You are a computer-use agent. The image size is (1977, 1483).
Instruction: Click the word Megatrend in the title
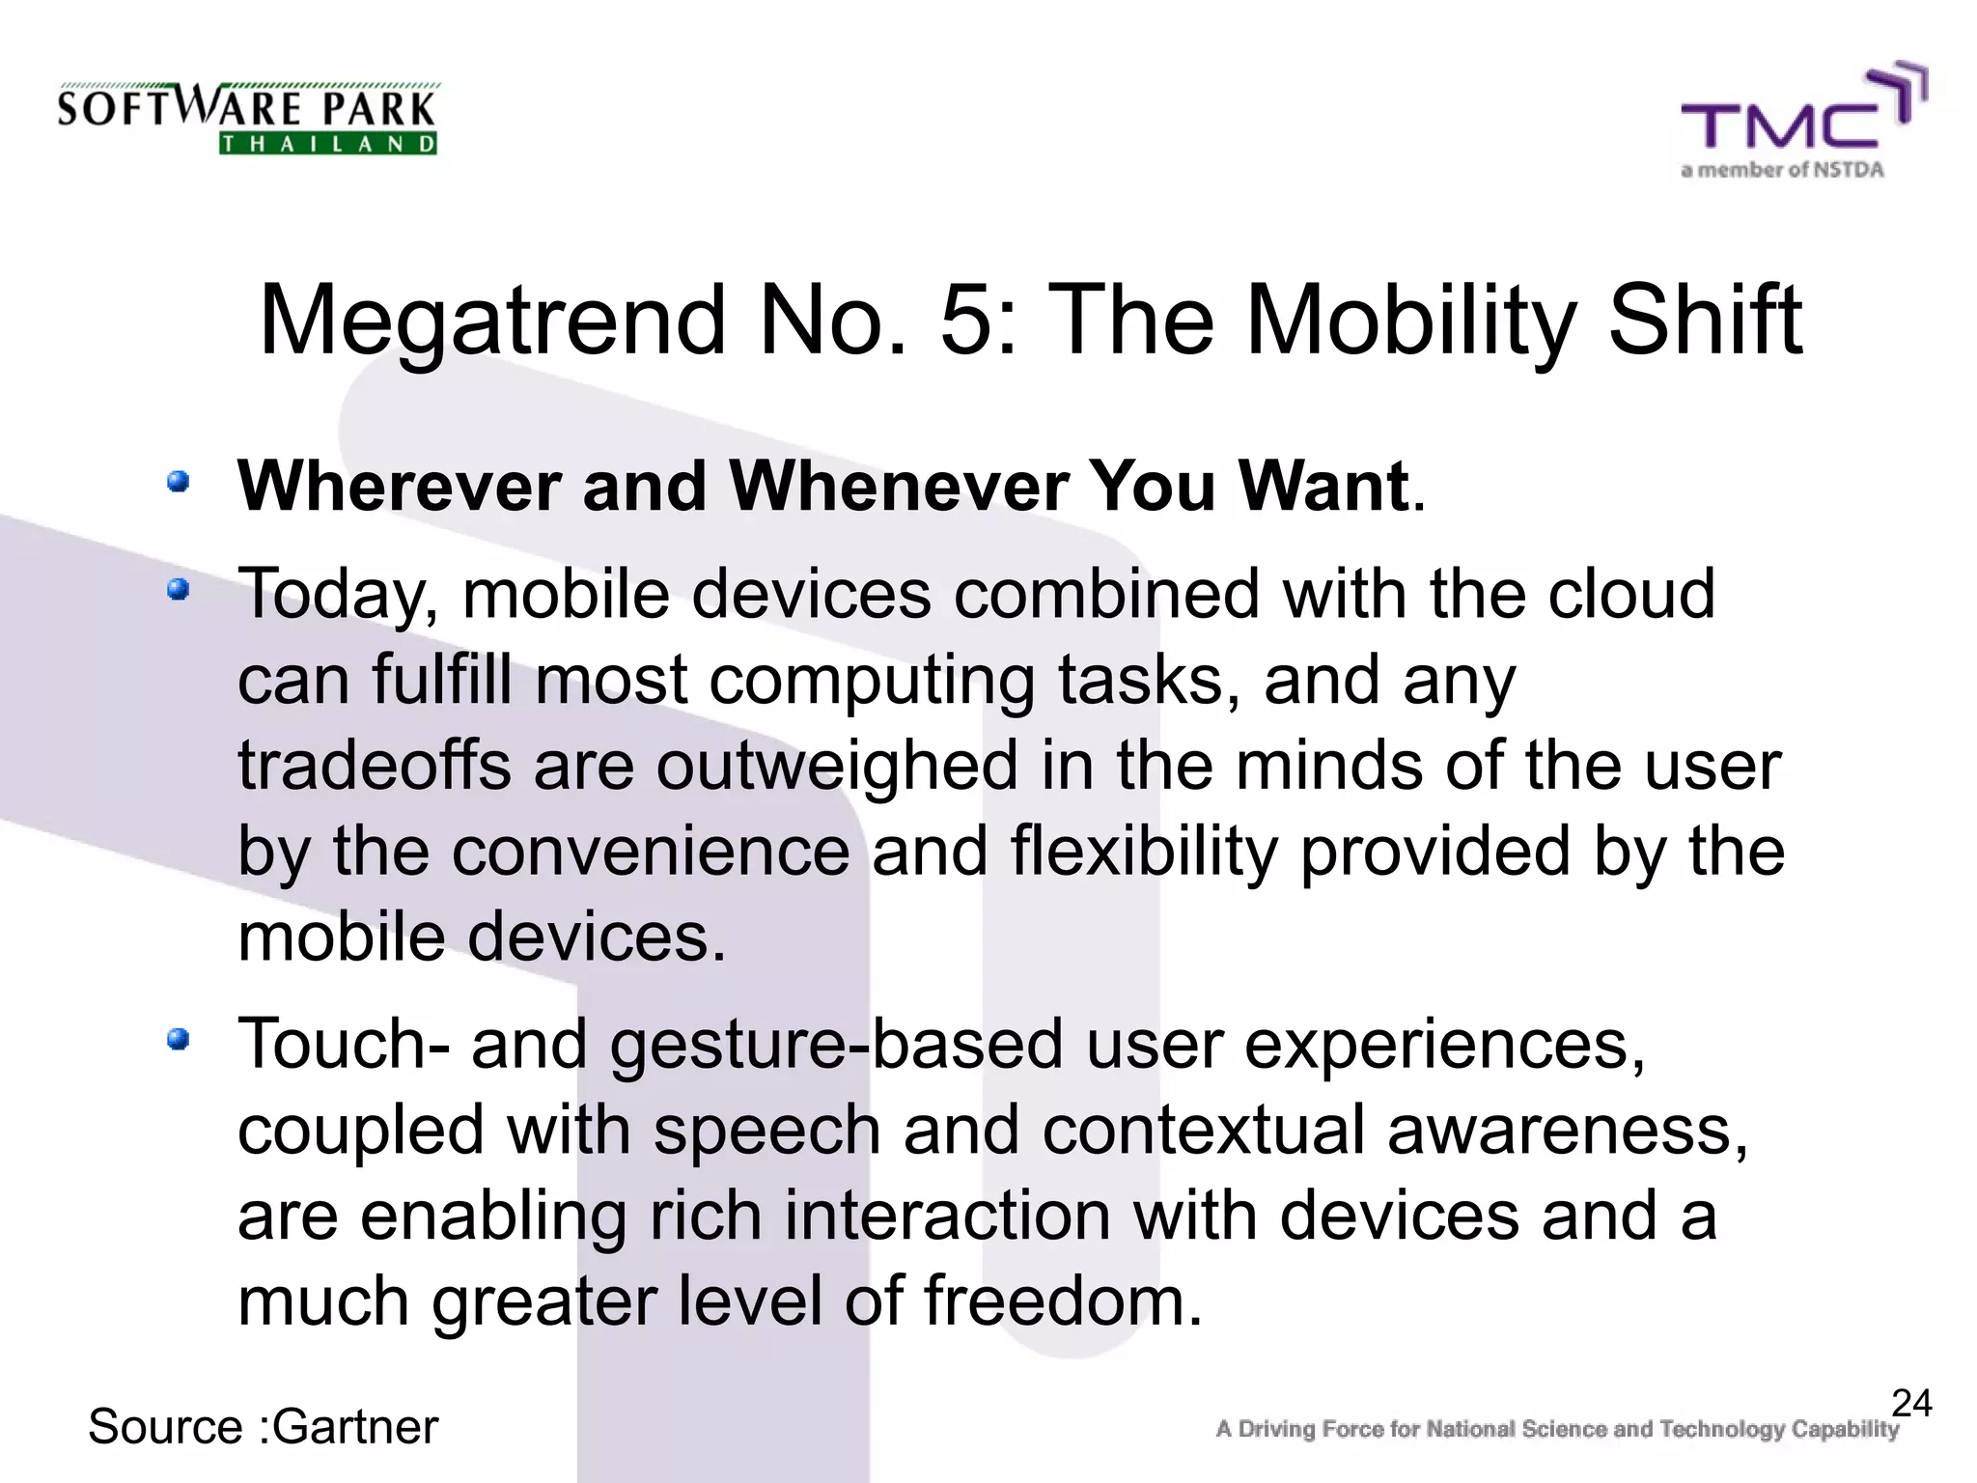click(491, 321)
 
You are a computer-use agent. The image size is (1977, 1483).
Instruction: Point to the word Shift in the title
click(1704, 321)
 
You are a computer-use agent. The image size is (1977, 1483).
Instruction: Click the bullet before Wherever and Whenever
click(178, 481)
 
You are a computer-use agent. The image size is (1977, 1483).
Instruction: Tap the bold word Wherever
click(399, 486)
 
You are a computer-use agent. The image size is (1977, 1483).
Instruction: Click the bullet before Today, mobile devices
click(178, 588)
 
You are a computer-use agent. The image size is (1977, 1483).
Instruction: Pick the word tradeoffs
click(374, 766)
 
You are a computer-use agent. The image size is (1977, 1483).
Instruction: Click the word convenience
click(650, 852)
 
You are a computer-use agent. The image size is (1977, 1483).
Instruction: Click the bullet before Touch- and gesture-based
click(178, 1039)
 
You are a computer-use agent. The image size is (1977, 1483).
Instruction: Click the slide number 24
click(1910, 1403)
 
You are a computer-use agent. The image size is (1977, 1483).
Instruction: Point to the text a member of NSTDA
click(1782, 170)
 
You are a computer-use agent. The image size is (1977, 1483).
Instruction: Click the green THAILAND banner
click(328, 144)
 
